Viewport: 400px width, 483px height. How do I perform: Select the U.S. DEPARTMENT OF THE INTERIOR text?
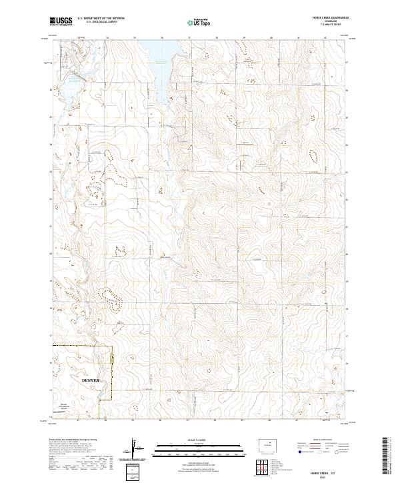click(101, 19)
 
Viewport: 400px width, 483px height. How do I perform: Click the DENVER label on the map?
click(90, 380)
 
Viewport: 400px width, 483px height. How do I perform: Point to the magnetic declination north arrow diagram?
click(139, 448)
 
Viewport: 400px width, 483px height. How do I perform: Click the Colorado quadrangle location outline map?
click(267, 444)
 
